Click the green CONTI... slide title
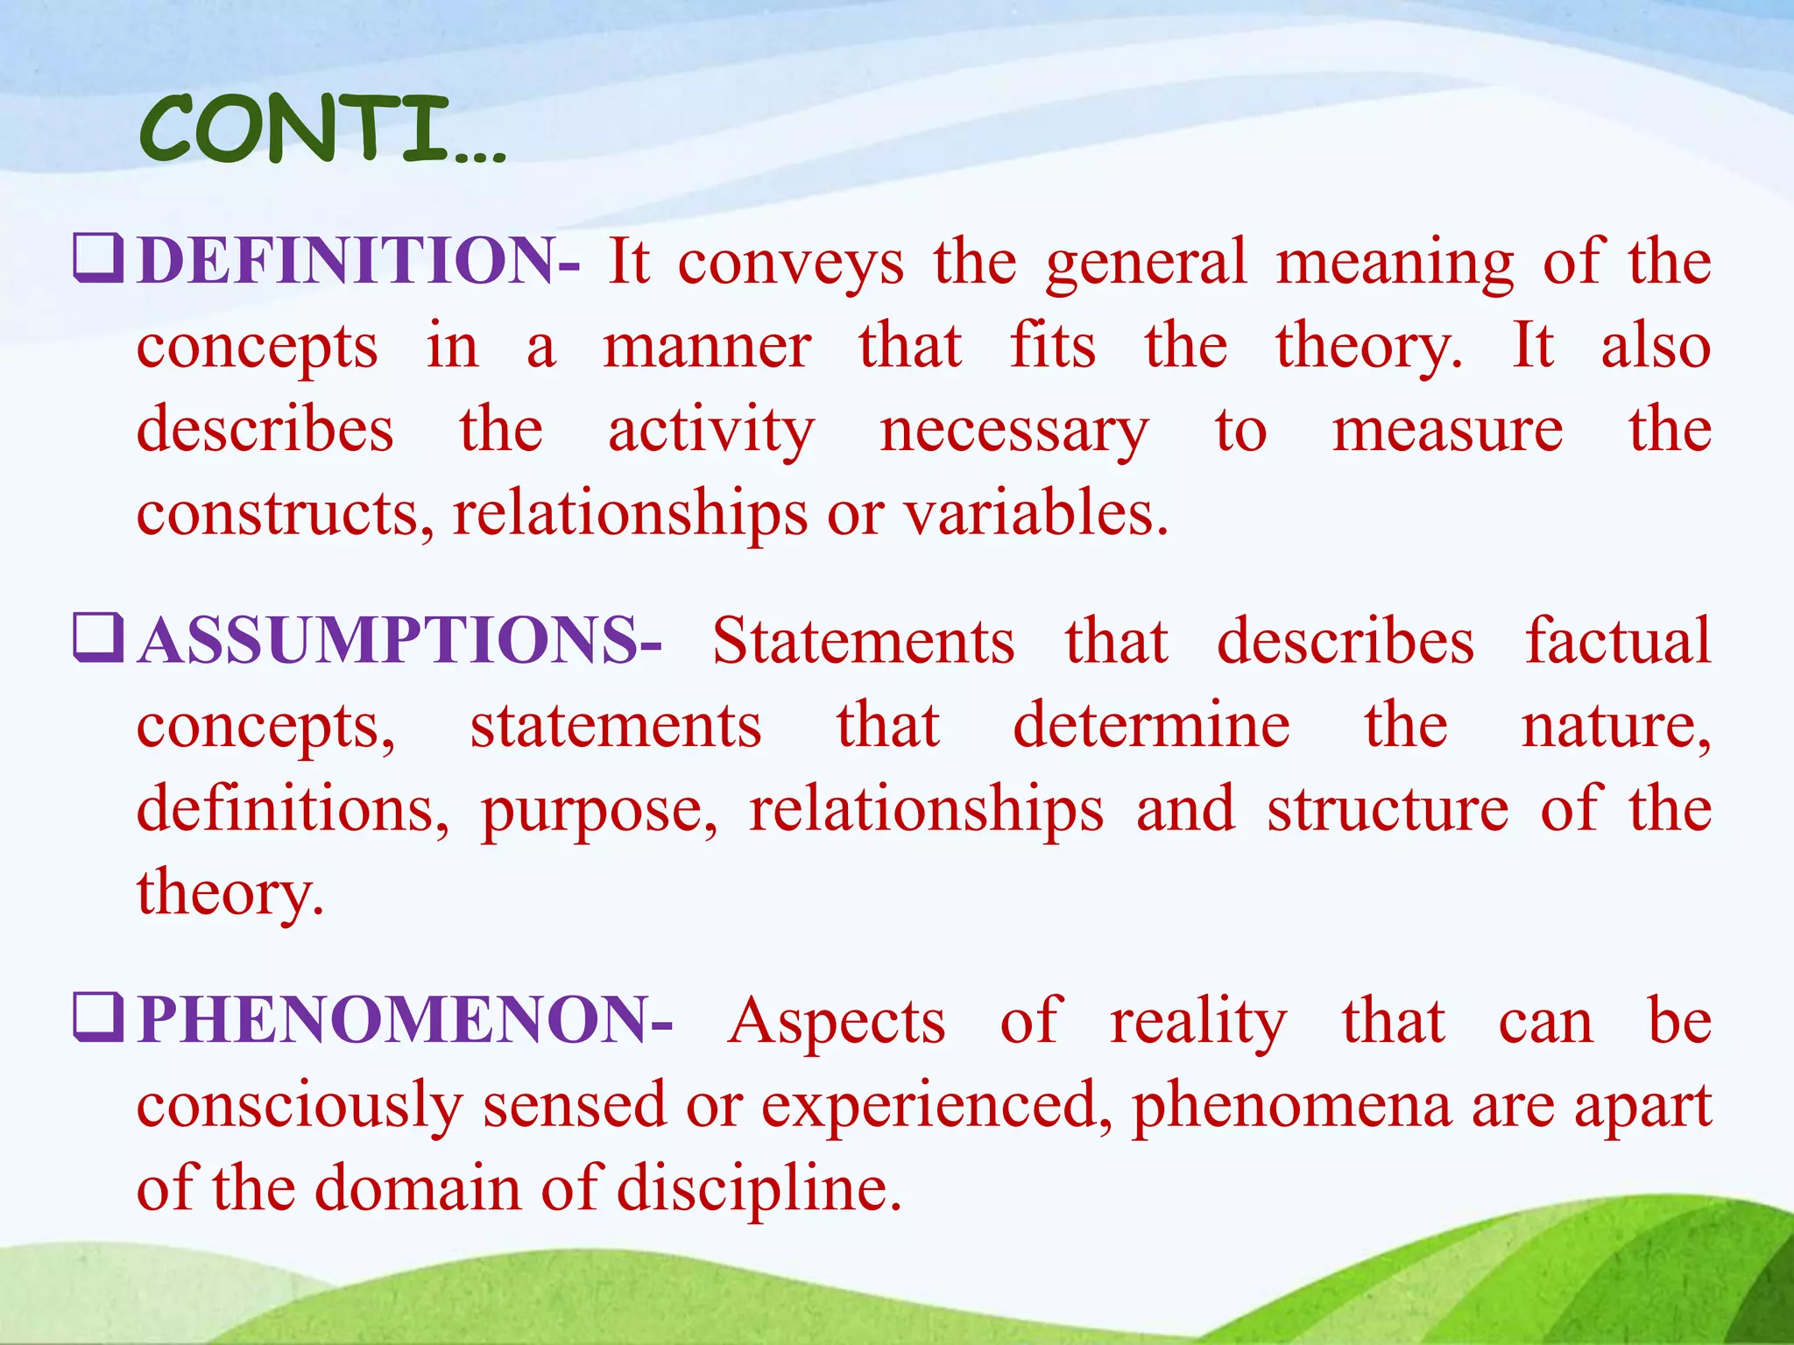tap(321, 131)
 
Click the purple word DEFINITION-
tap(358, 261)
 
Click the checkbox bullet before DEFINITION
tap(97, 260)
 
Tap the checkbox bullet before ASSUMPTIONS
tap(97, 638)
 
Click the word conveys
tap(790, 263)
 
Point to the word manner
tap(707, 346)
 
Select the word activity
tap(711, 431)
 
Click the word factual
tap(1617, 640)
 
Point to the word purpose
tap(598, 811)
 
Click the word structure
tap(1388, 809)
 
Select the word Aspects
tap(837, 1022)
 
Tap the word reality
tap(1197, 1022)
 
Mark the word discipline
tap(759, 1189)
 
